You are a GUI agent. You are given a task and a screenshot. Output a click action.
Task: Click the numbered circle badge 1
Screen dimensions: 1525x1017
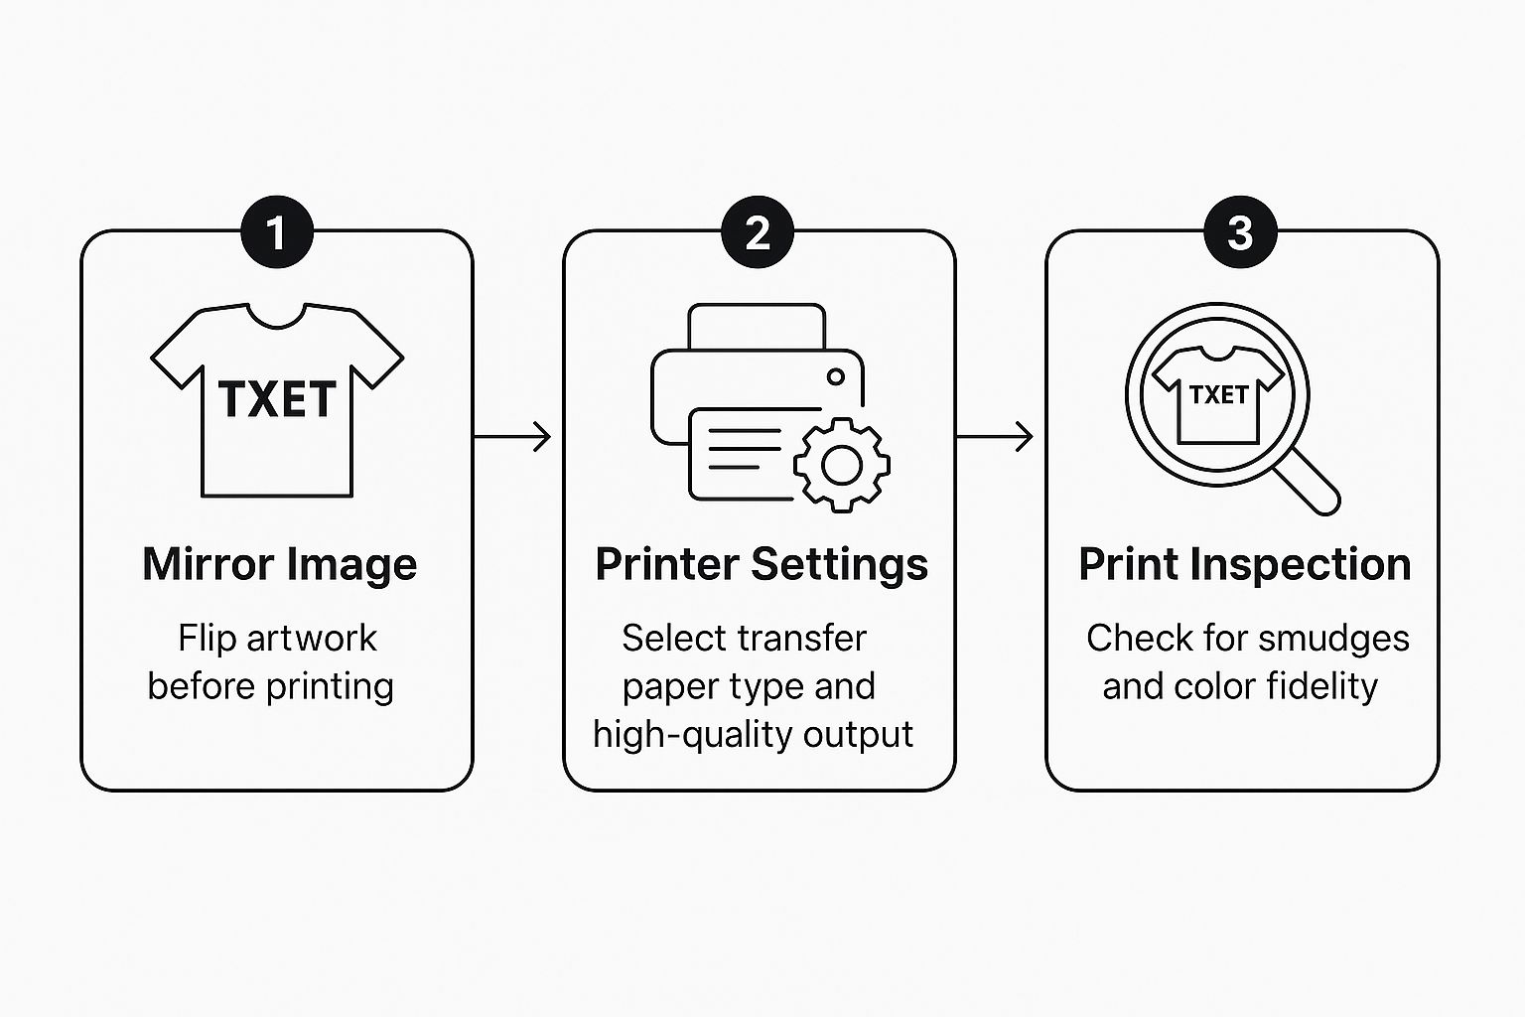(x=277, y=231)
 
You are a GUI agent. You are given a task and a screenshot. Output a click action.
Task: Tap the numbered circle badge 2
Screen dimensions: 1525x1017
(x=758, y=231)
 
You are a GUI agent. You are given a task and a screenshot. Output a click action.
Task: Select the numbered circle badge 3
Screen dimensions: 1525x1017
(x=1240, y=231)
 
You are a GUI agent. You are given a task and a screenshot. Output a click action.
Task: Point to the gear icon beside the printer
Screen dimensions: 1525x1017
(x=842, y=465)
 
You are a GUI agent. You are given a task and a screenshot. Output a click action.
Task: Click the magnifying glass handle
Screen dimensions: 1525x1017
(x=1308, y=483)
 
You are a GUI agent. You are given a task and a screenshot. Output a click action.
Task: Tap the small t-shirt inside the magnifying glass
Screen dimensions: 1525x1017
(x=1218, y=394)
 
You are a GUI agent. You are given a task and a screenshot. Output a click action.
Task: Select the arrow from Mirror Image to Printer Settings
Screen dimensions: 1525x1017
(x=512, y=436)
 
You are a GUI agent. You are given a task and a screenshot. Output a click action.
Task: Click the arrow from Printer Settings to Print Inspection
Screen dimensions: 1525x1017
(x=995, y=436)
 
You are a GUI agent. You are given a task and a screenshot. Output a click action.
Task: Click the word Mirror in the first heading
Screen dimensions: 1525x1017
(x=208, y=564)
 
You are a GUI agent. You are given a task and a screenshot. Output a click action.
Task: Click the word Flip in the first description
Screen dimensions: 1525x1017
(x=207, y=639)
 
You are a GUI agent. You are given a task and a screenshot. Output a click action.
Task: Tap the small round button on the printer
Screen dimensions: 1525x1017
(x=835, y=376)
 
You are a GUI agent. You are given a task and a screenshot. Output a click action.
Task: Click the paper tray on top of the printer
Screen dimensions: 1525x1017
(x=758, y=327)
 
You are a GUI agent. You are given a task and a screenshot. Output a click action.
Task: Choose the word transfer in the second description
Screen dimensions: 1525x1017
(x=802, y=639)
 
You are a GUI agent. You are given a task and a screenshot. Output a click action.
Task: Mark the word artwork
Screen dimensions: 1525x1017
(x=311, y=639)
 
